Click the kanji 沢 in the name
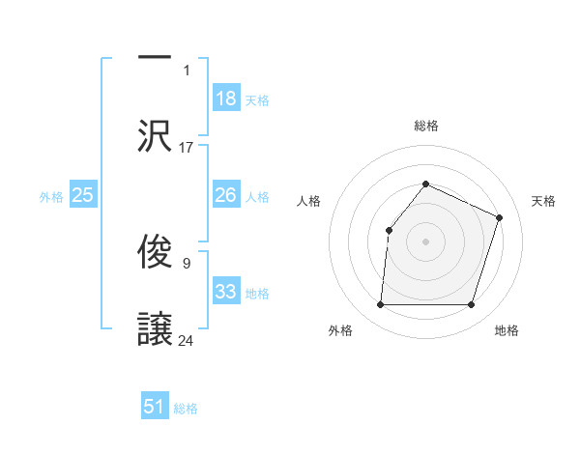[x=156, y=134]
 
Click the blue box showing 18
[x=226, y=99]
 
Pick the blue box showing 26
[x=226, y=195]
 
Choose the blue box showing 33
[x=226, y=292]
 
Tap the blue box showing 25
[x=83, y=195]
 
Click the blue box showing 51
[x=155, y=407]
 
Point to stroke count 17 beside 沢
[x=187, y=148]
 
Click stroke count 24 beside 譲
[x=187, y=340]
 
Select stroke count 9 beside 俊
[x=186, y=262]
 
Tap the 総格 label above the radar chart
[x=425, y=126]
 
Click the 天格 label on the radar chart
[x=543, y=201]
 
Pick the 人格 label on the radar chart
[x=308, y=201]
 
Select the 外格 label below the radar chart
[x=340, y=330]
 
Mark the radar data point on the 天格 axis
[x=500, y=217]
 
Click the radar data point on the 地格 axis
[x=472, y=305]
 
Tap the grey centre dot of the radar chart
[x=425, y=241]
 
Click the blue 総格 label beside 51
[x=186, y=409]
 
